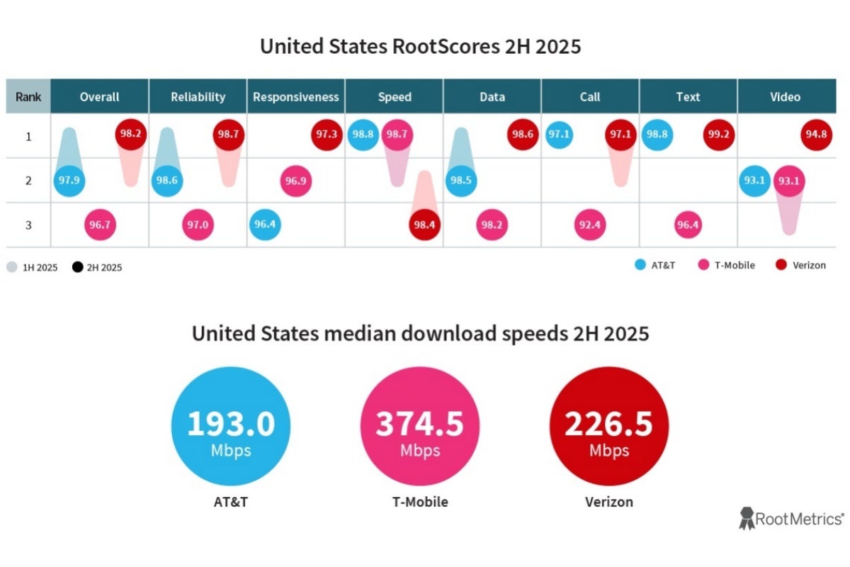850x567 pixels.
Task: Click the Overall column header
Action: pos(99,96)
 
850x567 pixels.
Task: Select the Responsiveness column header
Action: pos(296,96)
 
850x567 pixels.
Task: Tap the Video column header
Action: pos(786,96)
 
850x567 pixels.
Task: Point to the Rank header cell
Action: pos(28,96)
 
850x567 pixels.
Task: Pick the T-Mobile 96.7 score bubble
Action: pos(100,225)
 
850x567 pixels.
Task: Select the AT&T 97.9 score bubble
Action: pos(69,180)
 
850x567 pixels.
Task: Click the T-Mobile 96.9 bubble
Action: pos(296,180)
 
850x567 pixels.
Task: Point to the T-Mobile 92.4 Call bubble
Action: pos(590,225)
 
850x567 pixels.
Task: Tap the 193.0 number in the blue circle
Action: pos(231,424)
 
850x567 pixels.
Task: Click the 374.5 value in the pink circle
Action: pos(419,424)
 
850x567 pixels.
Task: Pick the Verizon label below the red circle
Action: pos(608,502)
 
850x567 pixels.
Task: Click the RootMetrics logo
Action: pos(791,519)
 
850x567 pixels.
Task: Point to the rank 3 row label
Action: pos(28,225)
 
